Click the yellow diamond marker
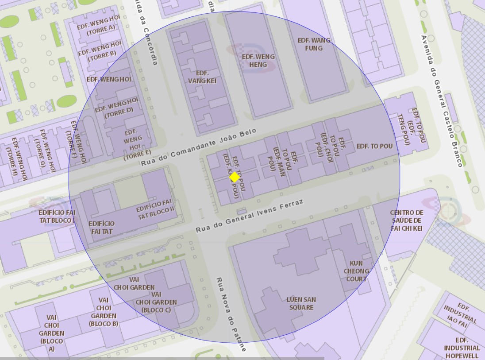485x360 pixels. click(x=235, y=177)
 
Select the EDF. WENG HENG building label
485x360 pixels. click(x=258, y=61)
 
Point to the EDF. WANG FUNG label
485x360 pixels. click(x=314, y=44)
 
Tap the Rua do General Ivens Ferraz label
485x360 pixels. click(x=250, y=217)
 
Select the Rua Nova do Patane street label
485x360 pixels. click(x=231, y=314)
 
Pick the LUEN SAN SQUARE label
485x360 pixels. click(x=301, y=303)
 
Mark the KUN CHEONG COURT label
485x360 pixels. click(x=356, y=271)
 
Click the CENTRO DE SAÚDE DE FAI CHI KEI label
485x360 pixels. click(x=407, y=220)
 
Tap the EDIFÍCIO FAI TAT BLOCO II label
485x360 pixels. click(x=155, y=209)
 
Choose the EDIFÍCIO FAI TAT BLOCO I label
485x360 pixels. click(x=57, y=216)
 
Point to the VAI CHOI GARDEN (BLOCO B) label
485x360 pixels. click(x=104, y=312)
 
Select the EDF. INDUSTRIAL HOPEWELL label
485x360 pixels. click(x=462, y=348)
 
